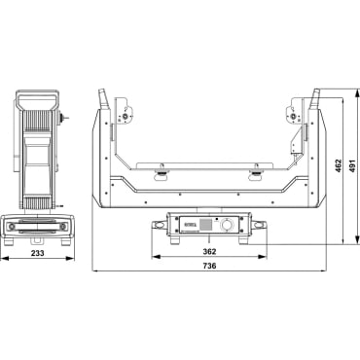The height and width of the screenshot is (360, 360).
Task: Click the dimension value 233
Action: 35,252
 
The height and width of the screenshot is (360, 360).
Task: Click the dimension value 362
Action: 210,252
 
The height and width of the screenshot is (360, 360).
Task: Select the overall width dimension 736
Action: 210,266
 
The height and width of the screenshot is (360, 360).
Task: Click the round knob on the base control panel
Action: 226,225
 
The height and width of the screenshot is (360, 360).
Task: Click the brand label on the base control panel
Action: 188,224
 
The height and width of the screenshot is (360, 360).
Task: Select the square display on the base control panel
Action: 205,225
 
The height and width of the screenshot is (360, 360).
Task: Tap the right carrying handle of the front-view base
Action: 260,227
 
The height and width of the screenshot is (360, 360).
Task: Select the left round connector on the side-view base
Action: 13,227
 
